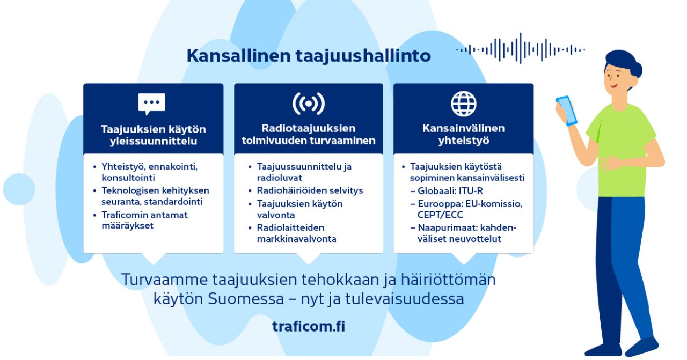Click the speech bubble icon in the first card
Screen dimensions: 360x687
[151, 104]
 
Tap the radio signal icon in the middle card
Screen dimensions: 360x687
[308, 104]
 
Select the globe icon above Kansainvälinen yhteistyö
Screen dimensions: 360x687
[463, 104]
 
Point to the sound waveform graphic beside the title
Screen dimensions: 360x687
[520, 49]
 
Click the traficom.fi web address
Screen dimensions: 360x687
[309, 327]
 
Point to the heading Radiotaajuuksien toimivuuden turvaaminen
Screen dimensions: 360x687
[308, 135]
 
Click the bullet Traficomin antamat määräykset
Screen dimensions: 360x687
[144, 221]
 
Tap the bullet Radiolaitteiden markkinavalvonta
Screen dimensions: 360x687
[297, 233]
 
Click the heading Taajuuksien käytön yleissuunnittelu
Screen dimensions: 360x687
[154, 135]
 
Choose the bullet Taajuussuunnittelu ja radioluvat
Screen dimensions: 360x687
[304, 172]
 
